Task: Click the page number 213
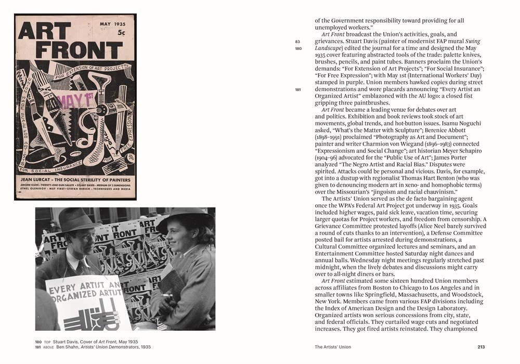point(482,347)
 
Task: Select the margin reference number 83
point(297,42)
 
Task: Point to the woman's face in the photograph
point(175,237)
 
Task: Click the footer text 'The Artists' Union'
point(333,347)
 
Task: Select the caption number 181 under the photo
point(38,347)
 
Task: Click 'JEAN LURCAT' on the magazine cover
point(44,179)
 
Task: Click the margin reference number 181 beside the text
point(298,89)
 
